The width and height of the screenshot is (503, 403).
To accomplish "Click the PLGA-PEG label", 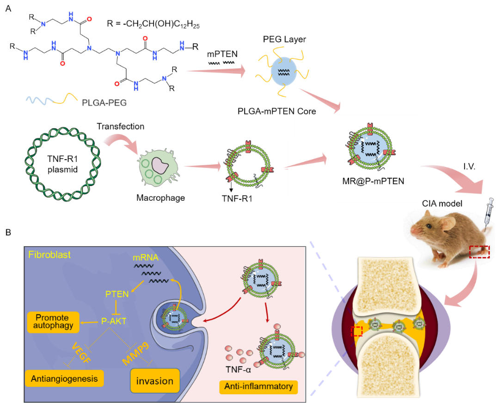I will tap(104, 103).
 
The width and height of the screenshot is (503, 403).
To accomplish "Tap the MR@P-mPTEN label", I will tap(376, 181).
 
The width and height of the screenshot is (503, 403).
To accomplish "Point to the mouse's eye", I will tap(429, 226).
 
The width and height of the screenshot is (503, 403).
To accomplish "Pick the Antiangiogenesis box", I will tap(64, 379).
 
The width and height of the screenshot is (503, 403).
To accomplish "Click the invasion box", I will tap(154, 381).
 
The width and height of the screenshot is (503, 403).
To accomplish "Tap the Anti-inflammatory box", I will tap(258, 386).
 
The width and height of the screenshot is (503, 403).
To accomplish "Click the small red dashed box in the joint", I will tap(356, 332).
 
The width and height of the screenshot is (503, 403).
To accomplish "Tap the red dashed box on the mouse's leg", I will tap(479, 252).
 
